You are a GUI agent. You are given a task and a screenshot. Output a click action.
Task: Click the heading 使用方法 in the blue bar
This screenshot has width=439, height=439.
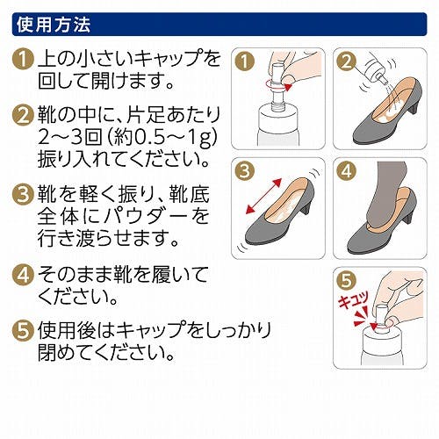tap(54, 25)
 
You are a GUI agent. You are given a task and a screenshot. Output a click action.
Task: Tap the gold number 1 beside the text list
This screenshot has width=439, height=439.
tap(22, 61)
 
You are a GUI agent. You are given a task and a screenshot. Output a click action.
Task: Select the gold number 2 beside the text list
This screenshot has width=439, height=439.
tap(22, 116)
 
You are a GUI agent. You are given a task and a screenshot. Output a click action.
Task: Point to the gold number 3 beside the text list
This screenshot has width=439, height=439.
tap(22, 194)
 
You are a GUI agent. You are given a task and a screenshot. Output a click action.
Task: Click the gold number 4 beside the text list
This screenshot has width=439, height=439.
tap(22, 275)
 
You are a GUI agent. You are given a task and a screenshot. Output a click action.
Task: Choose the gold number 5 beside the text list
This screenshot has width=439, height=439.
tap(22, 331)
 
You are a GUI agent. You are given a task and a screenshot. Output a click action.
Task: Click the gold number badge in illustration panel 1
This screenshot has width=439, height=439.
tap(244, 61)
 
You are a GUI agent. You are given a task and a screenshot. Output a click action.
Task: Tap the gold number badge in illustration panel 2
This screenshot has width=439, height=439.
tap(346, 61)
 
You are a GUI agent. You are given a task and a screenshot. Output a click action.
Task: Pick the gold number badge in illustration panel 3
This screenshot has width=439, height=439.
tap(244, 171)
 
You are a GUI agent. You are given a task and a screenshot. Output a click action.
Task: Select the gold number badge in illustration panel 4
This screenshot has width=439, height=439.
tap(346, 171)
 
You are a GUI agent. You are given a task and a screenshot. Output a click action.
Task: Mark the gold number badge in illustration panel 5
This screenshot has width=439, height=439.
tap(346, 280)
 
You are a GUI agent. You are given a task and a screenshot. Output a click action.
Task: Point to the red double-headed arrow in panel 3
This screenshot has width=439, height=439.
tap(263, 196)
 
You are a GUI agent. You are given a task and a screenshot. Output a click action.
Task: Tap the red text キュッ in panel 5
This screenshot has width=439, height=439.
tap(354, 301)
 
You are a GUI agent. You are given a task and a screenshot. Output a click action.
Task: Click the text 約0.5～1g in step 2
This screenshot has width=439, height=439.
tap(163, 138)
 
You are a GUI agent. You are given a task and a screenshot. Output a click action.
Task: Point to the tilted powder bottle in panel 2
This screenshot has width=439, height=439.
tap(375, 68)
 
